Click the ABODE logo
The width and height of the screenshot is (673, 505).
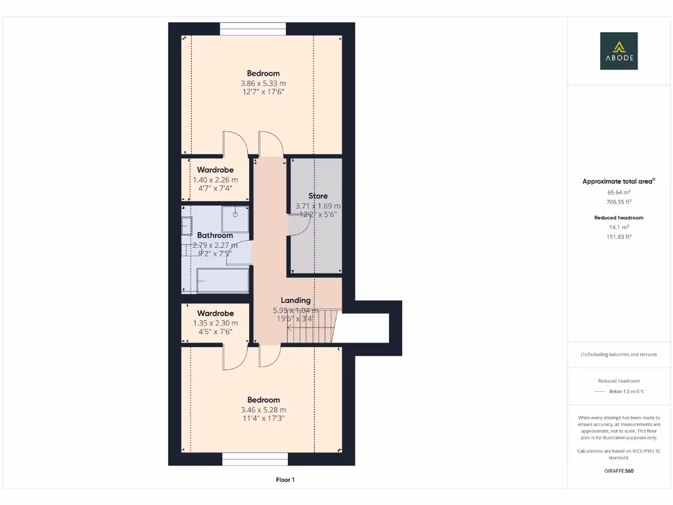[x=618, y=51]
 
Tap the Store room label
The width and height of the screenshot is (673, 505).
[x=318, y=196]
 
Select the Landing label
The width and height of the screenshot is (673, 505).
[x=296, y=301]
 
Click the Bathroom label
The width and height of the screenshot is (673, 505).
[x=215, y=235]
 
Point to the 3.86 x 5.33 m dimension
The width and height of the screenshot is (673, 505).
[x=263, y=84]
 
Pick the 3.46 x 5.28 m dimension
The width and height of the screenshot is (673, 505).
[x=263, y=410]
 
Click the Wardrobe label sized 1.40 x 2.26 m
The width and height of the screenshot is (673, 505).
[x=215, y=170]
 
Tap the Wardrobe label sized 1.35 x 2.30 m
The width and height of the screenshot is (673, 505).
[x=215, y=314]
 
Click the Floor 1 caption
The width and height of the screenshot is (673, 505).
[x=285, y=480]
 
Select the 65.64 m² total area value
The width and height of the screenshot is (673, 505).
[x=618, y=193]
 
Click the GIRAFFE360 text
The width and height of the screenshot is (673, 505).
[x=618, y=471]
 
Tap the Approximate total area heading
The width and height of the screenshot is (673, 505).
[x=617, y=181]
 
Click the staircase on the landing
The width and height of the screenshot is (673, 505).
[x=312, y=326]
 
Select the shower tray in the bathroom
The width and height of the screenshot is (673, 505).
[x=235, y=219]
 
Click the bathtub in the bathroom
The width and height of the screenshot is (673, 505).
[x=222, y=281]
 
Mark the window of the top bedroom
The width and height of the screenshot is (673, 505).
[x=253, y=29]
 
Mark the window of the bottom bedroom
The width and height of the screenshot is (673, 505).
[x=254, y=459]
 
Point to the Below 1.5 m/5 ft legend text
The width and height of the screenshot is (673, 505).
[x=626, y=391]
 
